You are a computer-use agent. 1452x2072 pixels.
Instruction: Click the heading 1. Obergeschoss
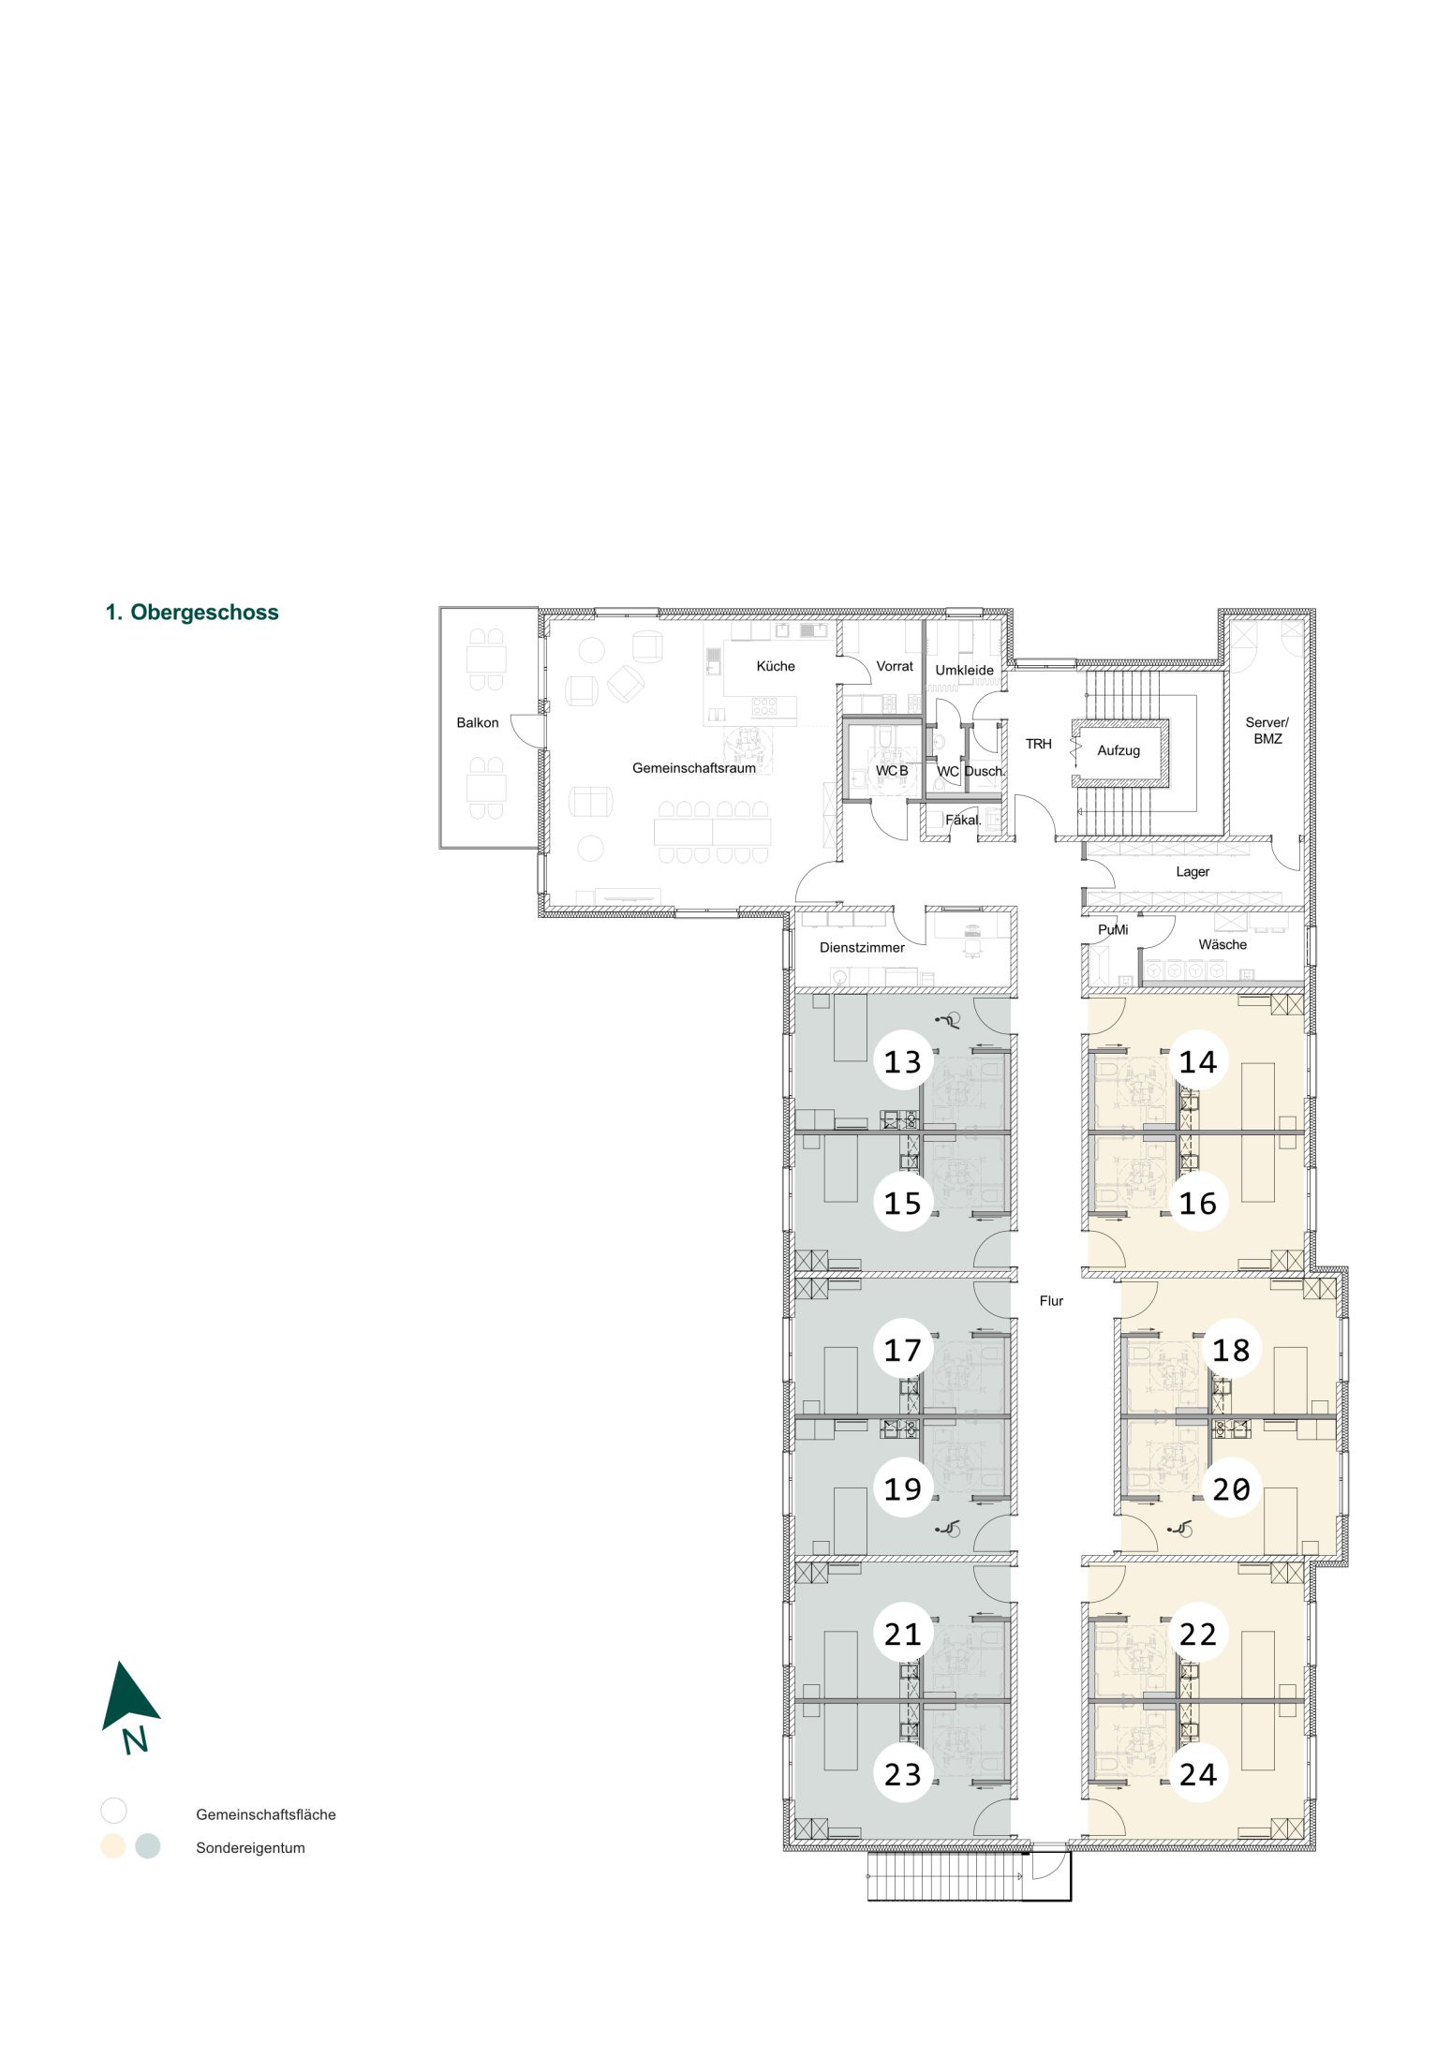[x=192, y=613]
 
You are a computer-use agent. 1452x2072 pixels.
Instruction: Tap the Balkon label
[x=478, y=722]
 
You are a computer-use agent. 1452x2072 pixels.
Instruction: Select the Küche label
[x=776, y=666]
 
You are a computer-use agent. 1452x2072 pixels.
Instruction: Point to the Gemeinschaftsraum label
[x=694, y=768]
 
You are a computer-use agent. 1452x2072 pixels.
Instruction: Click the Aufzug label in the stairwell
[x=1119, y=750]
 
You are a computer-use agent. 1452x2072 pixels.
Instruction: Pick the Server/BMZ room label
[x=1267, y=731]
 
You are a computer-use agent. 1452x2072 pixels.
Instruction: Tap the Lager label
[x=1193, y=872]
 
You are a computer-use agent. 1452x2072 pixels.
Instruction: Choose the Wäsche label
[x=1222, y=944]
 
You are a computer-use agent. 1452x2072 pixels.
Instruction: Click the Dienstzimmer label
[x=862, y=947]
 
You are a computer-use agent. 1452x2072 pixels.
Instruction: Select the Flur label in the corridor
[x=1051, y=1300]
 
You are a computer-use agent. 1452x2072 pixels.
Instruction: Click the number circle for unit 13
[x=903, y=1061]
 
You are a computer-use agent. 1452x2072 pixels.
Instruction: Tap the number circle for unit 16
[x=1198, y=1203]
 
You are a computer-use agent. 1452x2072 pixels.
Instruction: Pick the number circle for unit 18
[x=1231, y=1350]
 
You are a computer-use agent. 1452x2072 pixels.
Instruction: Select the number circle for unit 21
[x=903, y=1634]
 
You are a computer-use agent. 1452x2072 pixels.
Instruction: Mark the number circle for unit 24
[x=1198, y=1774]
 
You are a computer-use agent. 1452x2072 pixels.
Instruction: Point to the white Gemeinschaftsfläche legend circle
[x=113, y=1810]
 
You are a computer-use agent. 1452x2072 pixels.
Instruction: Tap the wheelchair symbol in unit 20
[x=1180, y=1529]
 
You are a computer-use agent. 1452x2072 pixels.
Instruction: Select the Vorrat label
[x=895, y=666]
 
